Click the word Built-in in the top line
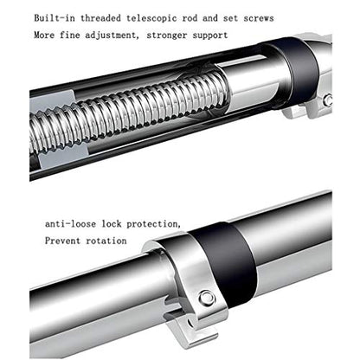[55, 18]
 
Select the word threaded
[100, 18]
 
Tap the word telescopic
[151, 18]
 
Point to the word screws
[259, 18]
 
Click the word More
[44, 35]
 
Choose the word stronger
[167, 35]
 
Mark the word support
[210, 36]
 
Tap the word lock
[112, 223]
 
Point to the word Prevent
[62, 241]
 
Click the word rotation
[106, 241]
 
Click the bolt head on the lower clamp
[207, 299]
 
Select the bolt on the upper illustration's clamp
[328, 100]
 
